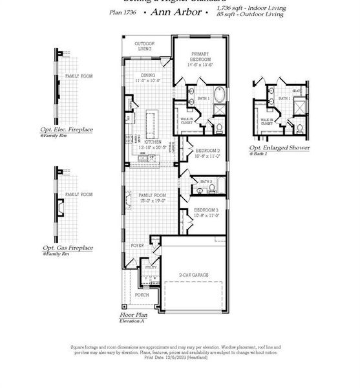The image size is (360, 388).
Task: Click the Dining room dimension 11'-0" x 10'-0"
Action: tap(147, 81)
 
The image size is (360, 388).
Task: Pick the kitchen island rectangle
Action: tap(152, 121)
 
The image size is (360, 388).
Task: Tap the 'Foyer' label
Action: tap(138, 246)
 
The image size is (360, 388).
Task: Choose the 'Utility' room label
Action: tap(151, 266)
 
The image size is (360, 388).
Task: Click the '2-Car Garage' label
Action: tap(193, 275)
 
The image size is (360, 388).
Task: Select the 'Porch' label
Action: tap(141, 295)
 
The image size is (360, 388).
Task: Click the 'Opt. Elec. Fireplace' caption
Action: tap(67, 129)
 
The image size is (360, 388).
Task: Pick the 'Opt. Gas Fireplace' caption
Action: tap(67, 248)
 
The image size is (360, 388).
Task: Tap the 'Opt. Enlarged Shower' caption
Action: tap(280, 147)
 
